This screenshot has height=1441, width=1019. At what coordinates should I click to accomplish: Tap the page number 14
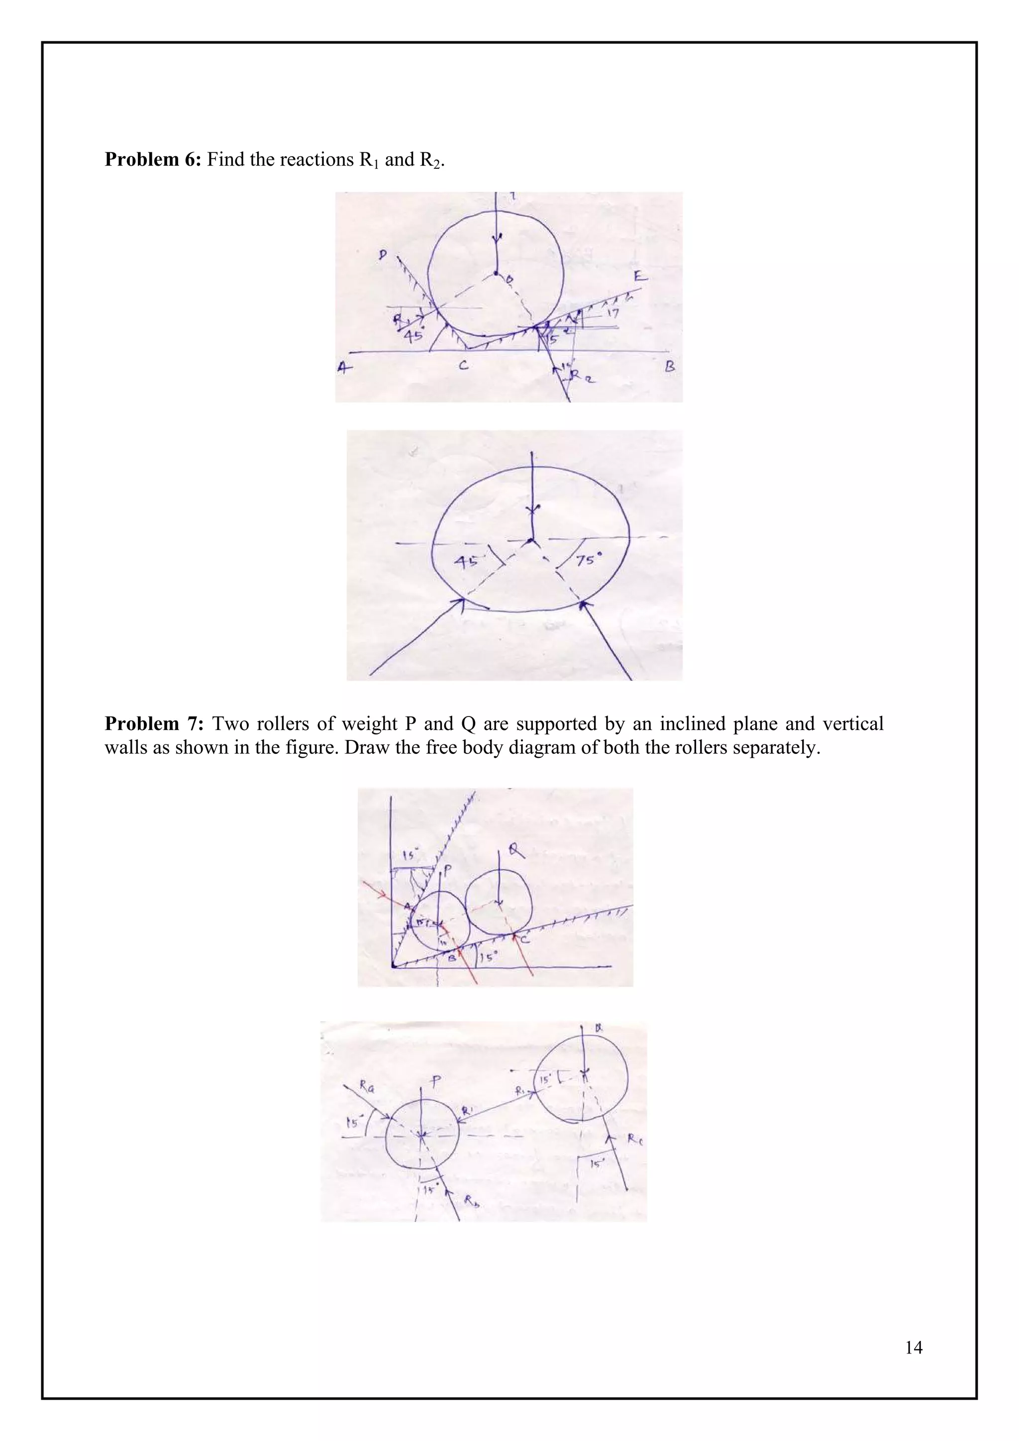[914, 1347]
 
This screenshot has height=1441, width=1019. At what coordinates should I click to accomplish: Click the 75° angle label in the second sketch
[589, 559]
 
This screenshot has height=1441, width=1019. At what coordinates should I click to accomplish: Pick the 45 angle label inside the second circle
[466, 560]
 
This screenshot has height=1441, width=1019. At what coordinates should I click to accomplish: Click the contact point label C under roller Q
[524, 939]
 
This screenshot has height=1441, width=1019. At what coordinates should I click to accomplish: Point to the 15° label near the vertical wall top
[410, 855]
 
